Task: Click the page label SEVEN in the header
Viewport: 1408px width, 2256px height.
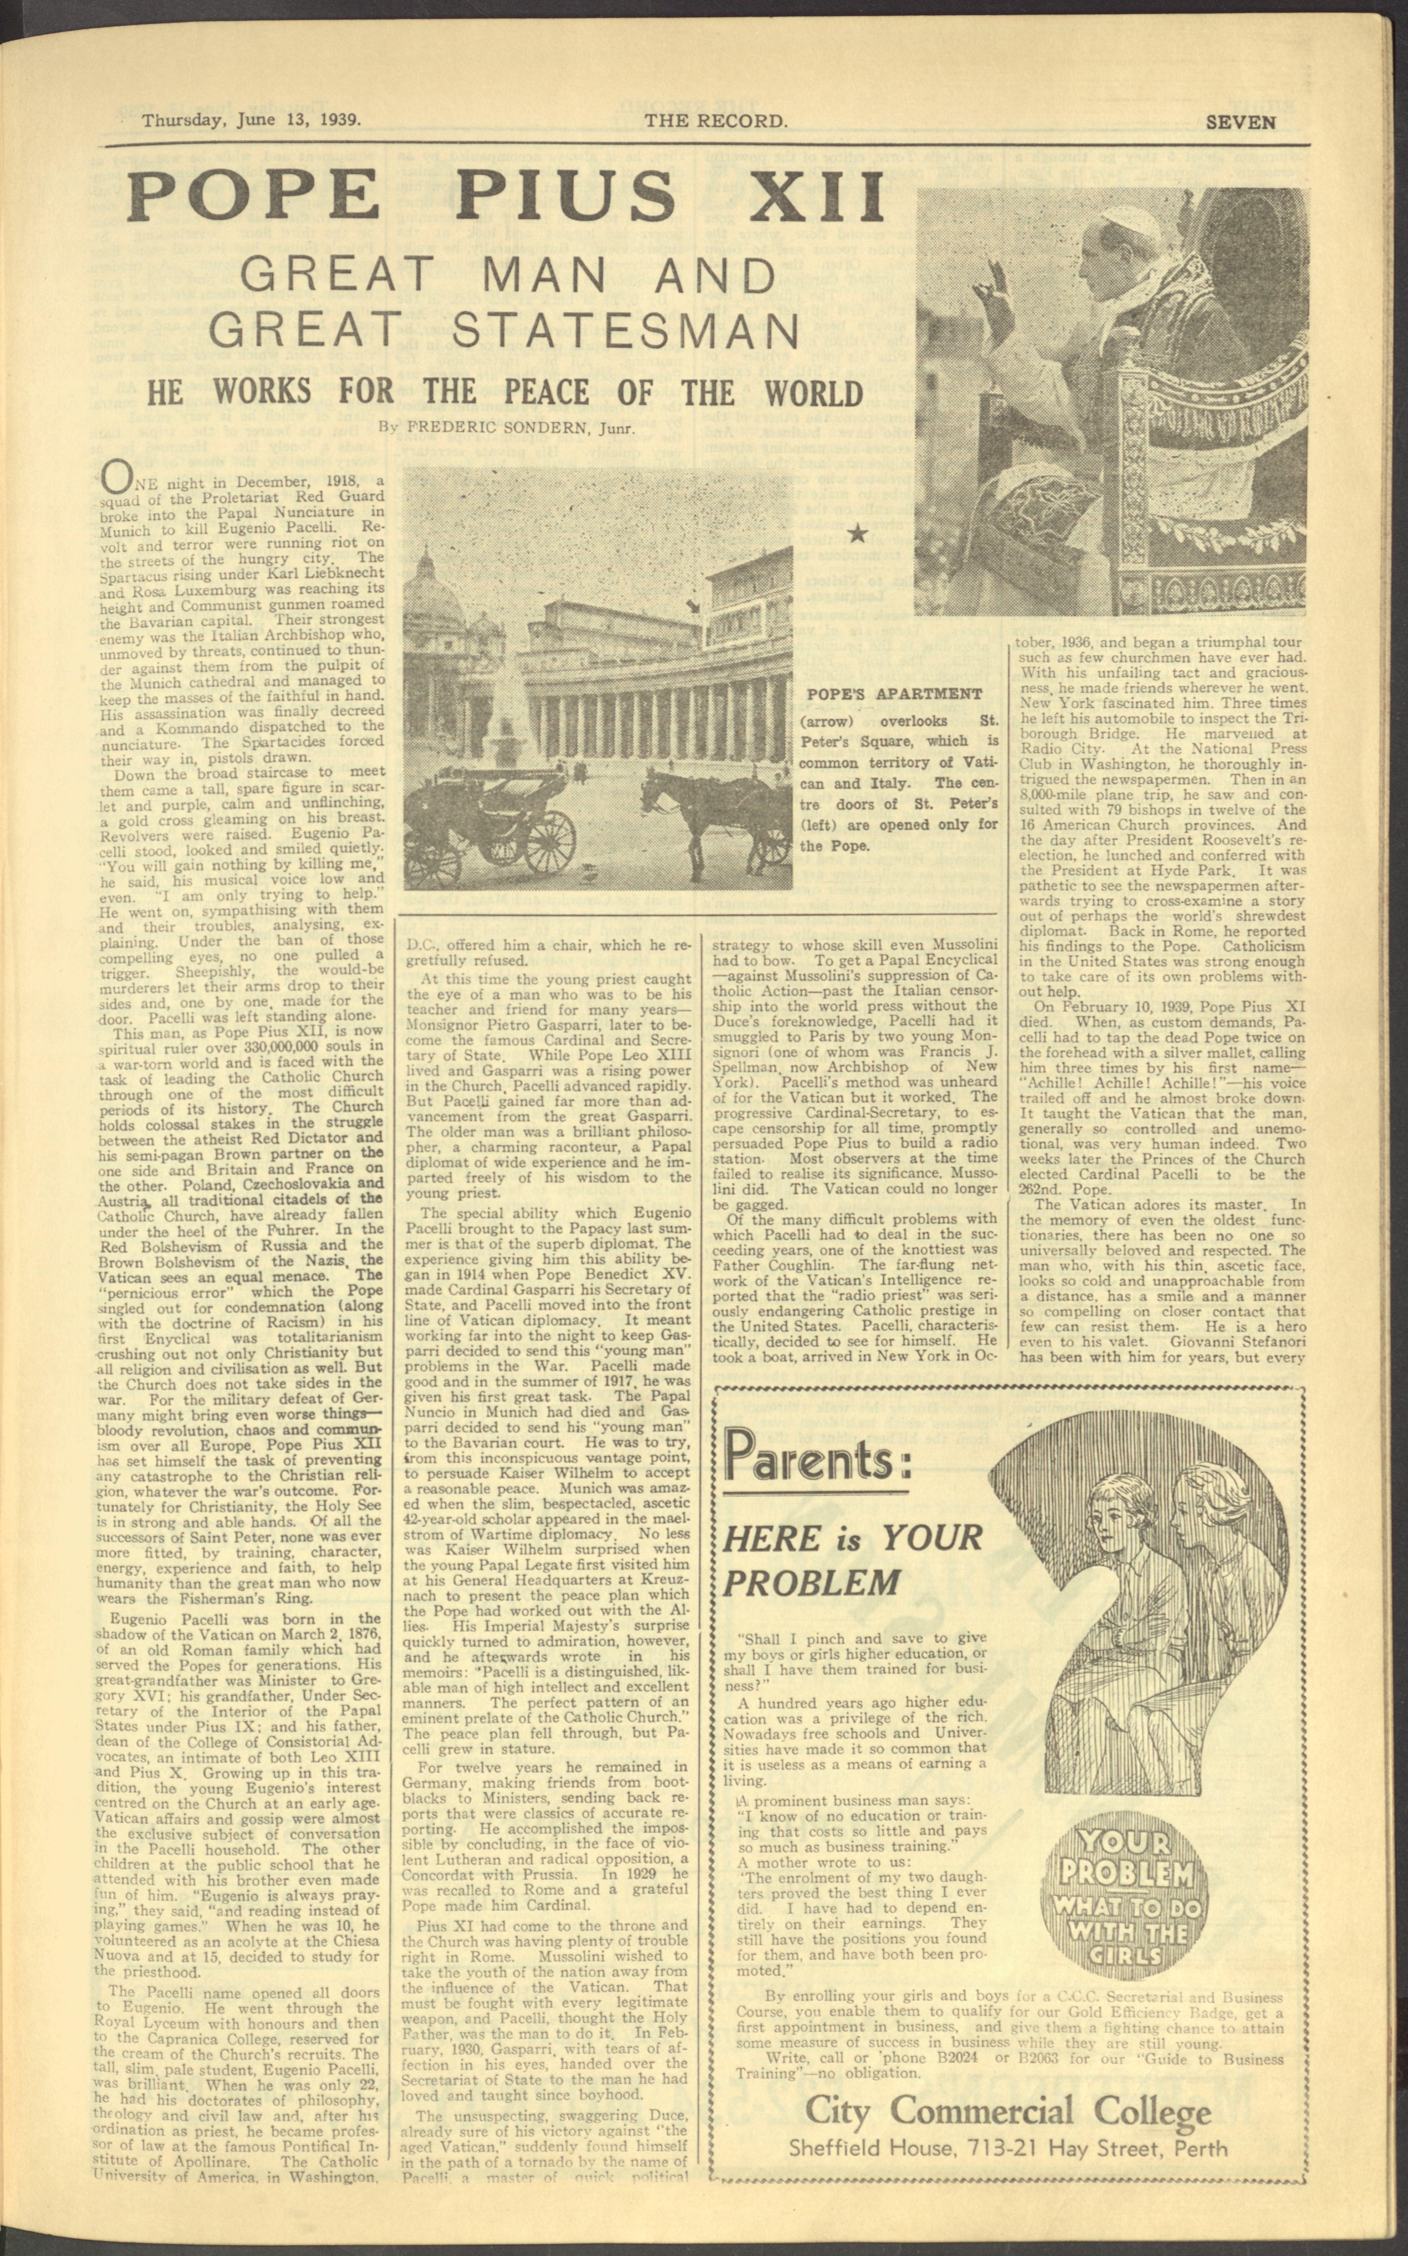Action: pos(1240,121)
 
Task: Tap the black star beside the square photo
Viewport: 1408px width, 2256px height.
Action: pos(859,534)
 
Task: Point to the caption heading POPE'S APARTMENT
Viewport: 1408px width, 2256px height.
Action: pos(894,694)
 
